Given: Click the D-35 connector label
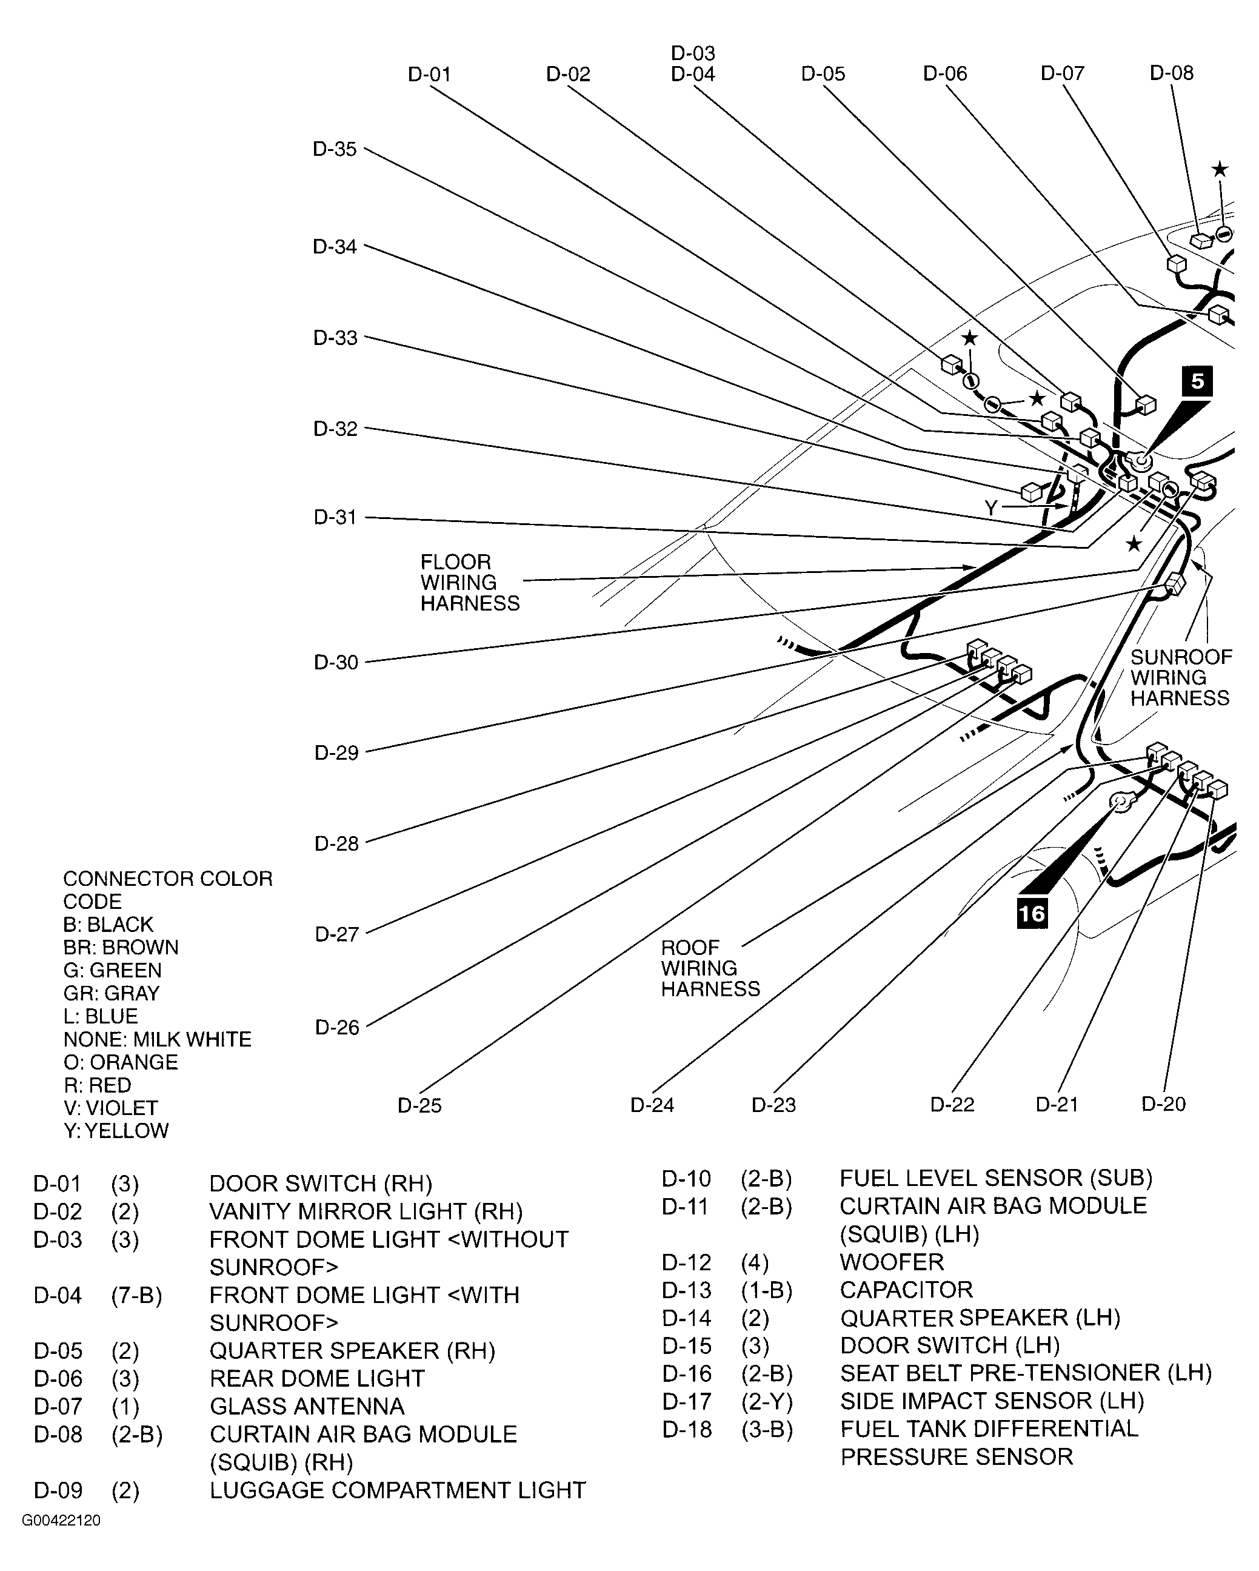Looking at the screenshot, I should (335, 149).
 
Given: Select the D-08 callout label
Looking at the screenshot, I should (1172, 73).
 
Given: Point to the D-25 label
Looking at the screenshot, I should (419, 1105).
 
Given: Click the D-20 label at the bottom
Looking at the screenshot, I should (1164, 1104).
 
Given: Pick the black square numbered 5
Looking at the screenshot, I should (1197, 381).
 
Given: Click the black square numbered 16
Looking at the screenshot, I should (1032, 914).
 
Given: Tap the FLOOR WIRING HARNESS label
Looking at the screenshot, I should (469, 582).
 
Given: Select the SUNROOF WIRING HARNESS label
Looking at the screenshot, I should (1180, 678).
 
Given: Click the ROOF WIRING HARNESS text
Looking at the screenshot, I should (710, 968).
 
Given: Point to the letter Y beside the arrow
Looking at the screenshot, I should (991, 508).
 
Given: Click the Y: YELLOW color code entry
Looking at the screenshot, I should (116, 1131).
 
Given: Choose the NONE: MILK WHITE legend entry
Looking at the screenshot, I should (158, 1039).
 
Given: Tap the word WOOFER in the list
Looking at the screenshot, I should (892, 1262).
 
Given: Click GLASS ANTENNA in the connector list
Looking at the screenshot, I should (307, 1406).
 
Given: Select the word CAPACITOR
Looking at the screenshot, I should (906, 1290).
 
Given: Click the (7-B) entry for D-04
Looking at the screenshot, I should (137, 1295).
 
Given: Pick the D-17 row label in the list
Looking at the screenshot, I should (686, 1401).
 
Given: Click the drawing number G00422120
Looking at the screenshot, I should (61, 1521).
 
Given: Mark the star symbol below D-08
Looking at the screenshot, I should (1220, 170).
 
